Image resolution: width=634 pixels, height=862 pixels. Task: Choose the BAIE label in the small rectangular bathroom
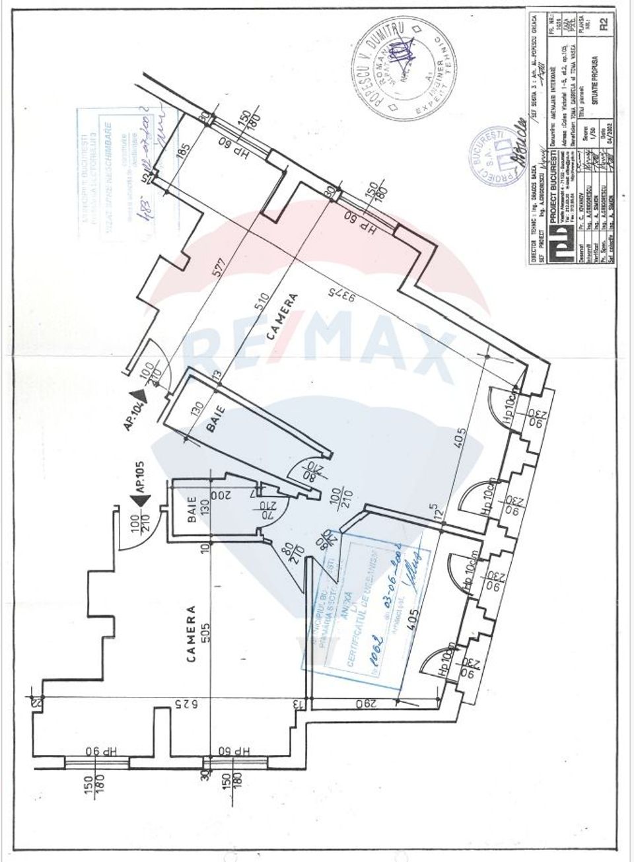tap(192, 510)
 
